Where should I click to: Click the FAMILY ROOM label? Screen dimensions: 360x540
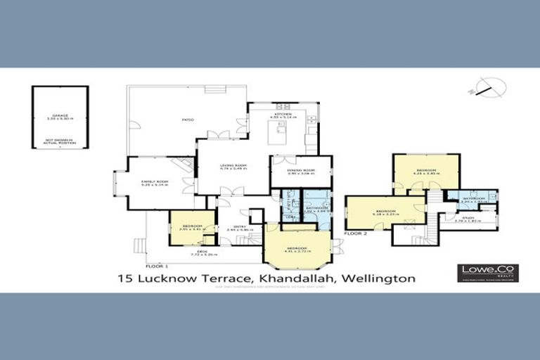(x=151, y=182)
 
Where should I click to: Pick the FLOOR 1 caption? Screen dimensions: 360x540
(x=157, y=266)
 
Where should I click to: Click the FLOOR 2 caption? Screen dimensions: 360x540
(x=356, y=232)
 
